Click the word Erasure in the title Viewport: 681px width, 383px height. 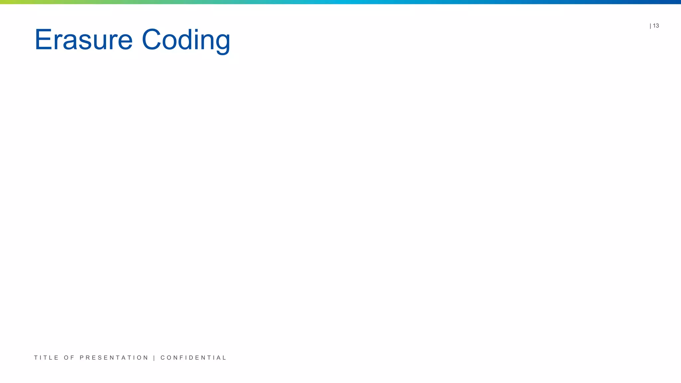[x=83, y=40]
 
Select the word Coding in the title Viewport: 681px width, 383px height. [x=186, y=40]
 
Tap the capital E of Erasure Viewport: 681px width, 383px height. [x=42, y=40]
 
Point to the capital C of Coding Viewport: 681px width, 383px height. [x=151, y=40]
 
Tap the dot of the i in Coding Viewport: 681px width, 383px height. [x=198, y=30]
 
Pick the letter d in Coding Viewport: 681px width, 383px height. [x=186, y=40]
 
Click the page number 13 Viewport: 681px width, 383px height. [x=656, y=26]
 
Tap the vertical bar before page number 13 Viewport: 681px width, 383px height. [x=650, y=26]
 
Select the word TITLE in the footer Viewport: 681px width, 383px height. [x=46, y=358]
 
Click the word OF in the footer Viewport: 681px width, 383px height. [x=69, y=358]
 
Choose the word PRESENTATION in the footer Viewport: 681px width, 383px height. [x=114, y=358]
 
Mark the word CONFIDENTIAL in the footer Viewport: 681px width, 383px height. [x=193, y=358]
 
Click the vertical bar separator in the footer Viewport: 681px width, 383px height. [x=154, y=358]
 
